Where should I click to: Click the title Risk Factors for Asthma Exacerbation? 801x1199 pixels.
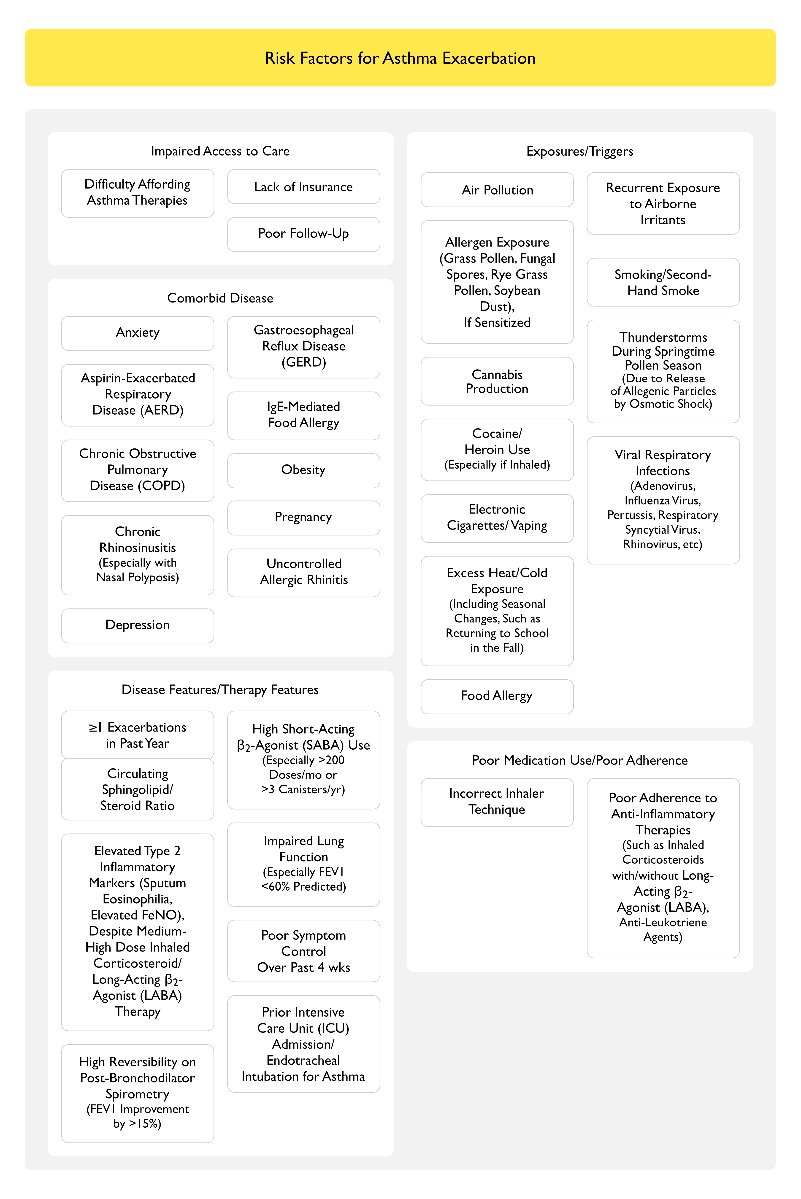pos(400,58)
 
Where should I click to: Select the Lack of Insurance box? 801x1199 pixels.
pos(303,187)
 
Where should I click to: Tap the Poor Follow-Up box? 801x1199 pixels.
pos(303,234)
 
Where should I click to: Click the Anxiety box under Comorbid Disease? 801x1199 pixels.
pos(137,333)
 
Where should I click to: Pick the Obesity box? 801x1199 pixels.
pos(303,470)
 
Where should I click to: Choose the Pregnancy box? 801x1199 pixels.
pos(303,517)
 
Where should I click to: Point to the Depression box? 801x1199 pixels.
pos(137,625)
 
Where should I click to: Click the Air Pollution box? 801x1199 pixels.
pos(497,190)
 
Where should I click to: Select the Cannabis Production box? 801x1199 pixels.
pos(497,381)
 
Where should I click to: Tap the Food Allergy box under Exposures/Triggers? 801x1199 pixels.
pos(497,696)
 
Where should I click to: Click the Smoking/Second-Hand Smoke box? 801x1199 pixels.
pos(663,282)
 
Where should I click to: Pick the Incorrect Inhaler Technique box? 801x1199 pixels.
pos(497,802)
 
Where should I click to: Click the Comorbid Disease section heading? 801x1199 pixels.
pos(220,298)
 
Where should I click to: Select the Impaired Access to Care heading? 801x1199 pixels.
pos(220,151)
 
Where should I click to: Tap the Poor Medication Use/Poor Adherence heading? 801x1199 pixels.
pos(580,760)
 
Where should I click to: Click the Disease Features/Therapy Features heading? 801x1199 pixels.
pos(220,690)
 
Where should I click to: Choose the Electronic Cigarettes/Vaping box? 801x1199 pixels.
pos(497,518)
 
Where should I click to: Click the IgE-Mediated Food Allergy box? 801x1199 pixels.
pos(303,415)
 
